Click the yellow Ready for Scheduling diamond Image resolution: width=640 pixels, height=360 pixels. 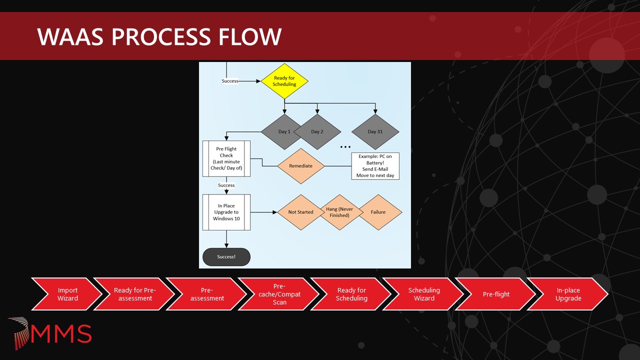[x=284, y=81]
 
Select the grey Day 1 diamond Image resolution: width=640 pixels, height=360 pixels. [x=282, y=131]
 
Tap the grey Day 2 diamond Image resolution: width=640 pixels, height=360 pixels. [x=317, y=131]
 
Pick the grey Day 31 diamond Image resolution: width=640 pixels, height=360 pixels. [x=375, y=131]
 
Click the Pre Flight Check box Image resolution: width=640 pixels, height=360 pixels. [x=226, y=158]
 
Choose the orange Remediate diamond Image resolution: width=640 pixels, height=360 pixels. [x=300, y=165]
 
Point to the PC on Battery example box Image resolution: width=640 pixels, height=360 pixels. [x=375, y=166]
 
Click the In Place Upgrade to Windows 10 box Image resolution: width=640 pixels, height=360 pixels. [x=226, y=212]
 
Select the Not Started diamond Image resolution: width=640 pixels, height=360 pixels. [x=300, y=212]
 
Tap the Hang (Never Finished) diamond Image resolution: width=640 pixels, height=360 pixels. [x=339, y=212]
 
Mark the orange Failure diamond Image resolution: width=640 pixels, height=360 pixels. [x=378, y=212]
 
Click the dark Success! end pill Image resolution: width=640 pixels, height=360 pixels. [x=226, y=257]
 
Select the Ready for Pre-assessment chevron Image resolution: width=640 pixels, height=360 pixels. [x=134, y=294]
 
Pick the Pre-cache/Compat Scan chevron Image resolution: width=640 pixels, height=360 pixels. [x=279, y=294]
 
